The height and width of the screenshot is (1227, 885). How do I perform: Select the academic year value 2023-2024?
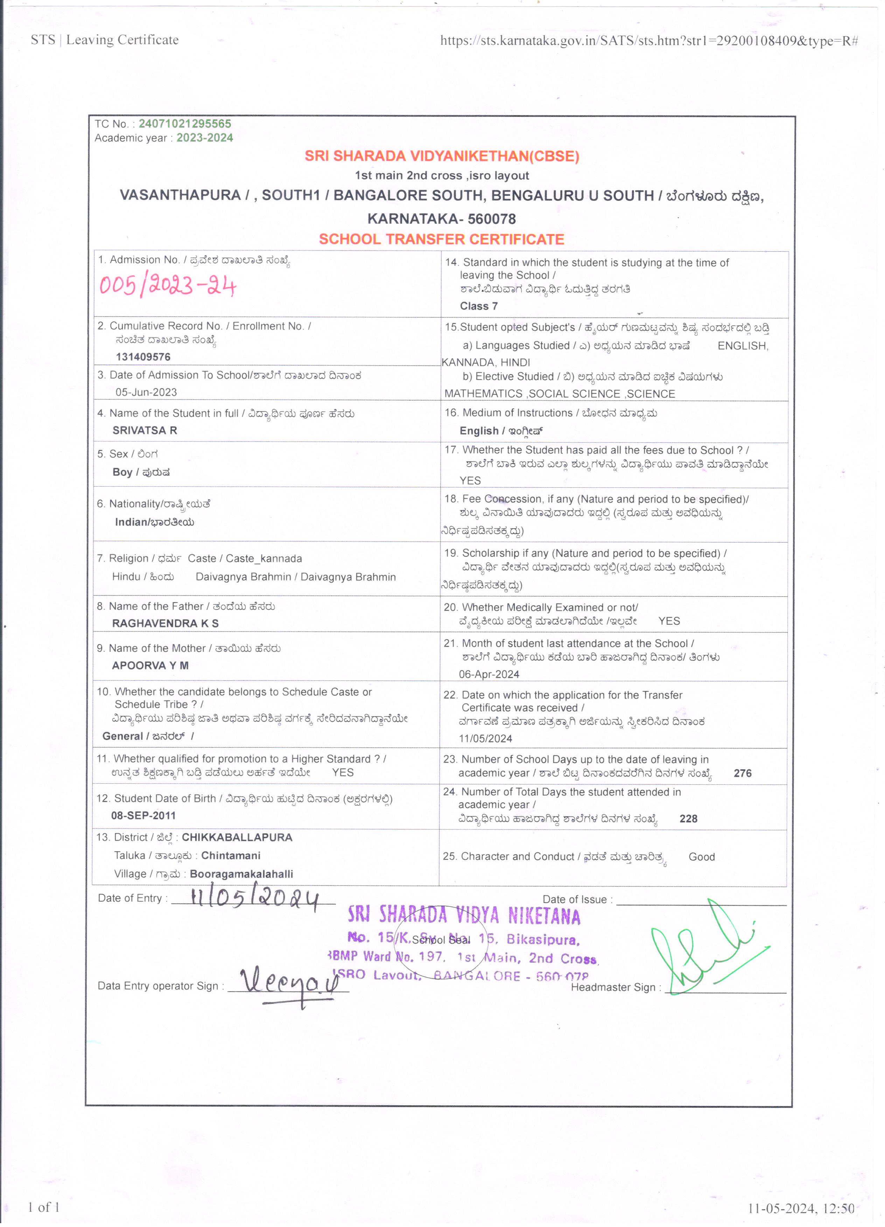click(x=204, y=138)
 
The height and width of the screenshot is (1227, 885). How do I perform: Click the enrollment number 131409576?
click(x=143, y=357)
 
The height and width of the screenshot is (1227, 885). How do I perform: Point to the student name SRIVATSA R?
click(x=145, y=431)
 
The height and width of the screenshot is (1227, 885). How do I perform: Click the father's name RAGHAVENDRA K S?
click(x=165, y=623)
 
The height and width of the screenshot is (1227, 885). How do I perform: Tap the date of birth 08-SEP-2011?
click(x=144, y=815)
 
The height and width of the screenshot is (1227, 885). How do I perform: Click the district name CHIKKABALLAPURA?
click(x=237, y=838)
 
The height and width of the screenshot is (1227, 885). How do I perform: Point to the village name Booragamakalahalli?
click(x=242, y=874)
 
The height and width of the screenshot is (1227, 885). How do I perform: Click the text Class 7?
click(x=479, y=306)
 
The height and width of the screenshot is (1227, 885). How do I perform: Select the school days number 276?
click(x=742, y=774)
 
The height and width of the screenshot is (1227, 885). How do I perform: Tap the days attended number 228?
click(x=688, y=819)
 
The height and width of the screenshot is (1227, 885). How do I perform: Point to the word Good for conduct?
click(x=702, y=857)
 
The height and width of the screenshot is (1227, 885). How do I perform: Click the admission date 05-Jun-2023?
click(x=146, y=392)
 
